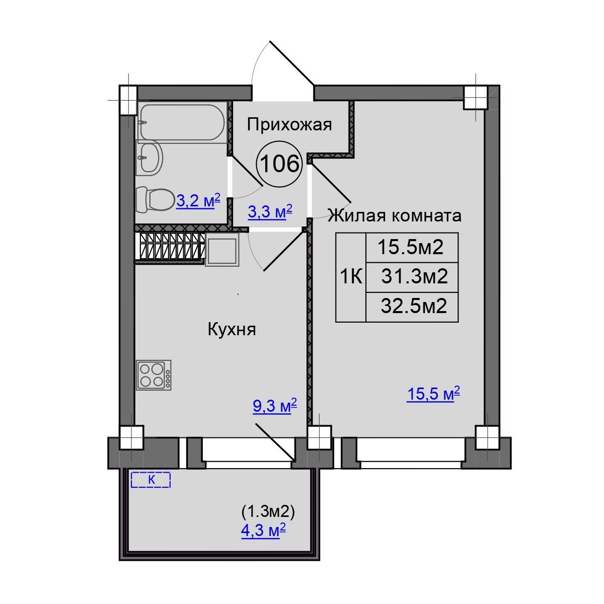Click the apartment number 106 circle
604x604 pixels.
pos(279,164)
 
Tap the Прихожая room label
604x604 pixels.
pos(289,125)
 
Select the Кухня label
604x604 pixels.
pos(232,330)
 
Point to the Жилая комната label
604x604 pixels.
pos(394,215)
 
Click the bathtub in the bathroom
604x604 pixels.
pos(182,122)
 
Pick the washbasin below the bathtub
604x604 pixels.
pos(150,158)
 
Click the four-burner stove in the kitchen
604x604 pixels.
pos(154,375)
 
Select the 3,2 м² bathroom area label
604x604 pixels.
pos(198,201)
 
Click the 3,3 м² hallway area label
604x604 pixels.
pos(270,211)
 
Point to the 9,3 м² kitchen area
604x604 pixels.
pos(275,406)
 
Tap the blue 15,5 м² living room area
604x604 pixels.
pos(433,394)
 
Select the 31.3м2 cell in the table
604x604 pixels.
pos(412,277)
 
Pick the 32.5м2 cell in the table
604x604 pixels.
pos(412,307)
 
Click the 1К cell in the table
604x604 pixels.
pos(351,277)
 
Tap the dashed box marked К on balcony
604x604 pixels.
pos(150,480)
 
